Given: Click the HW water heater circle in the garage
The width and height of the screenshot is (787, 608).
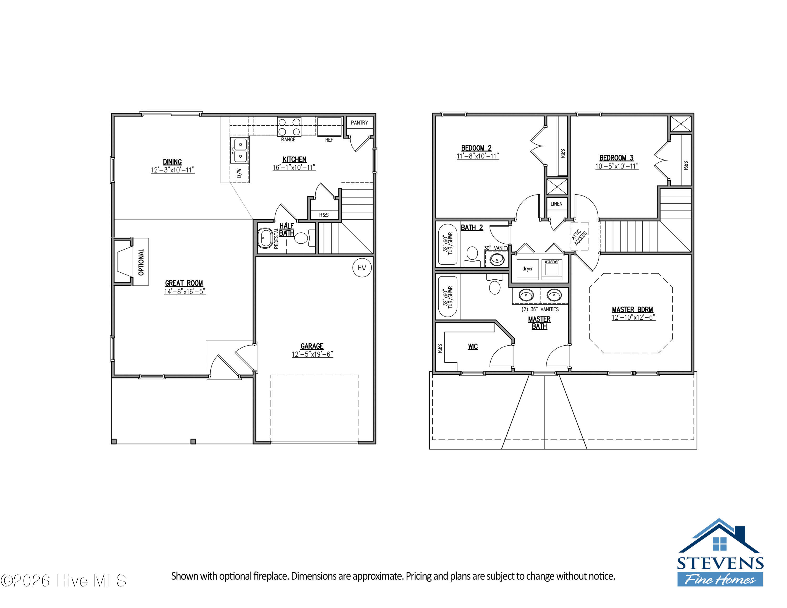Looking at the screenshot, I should [x=362, y=268].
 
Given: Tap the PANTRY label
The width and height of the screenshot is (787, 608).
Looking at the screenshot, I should [x=359, y=123].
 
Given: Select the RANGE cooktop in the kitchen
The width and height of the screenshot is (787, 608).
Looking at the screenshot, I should [x=289, y=127].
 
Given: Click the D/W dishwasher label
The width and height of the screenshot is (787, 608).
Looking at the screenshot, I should [x=239, y=173].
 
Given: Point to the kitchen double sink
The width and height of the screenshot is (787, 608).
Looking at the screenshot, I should [x=240, y=150].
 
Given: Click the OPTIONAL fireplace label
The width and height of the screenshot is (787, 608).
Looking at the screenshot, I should [x=141, y=262].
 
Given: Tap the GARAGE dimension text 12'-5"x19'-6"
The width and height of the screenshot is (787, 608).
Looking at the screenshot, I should [x=312, y=354].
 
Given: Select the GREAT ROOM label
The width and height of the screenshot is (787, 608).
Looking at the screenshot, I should [x=184, y=283].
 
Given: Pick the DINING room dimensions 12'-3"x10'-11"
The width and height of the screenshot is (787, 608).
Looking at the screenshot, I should [x=173, y=170].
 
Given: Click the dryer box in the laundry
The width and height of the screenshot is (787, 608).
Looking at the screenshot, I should [x=528, y=269].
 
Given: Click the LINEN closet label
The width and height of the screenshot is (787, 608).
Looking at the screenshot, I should [x=556, y=204].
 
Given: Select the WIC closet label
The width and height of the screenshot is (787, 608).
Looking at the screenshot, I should [x=473, y=346].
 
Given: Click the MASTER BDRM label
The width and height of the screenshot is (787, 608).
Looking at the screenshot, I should [x=632, y=310].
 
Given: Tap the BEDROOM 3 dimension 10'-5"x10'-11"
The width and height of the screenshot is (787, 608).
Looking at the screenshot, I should [x=616, y=166].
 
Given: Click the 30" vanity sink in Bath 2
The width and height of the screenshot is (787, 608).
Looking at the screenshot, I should [x=497, y=259].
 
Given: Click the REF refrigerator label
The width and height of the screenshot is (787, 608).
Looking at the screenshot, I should [x=329, y=140].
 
